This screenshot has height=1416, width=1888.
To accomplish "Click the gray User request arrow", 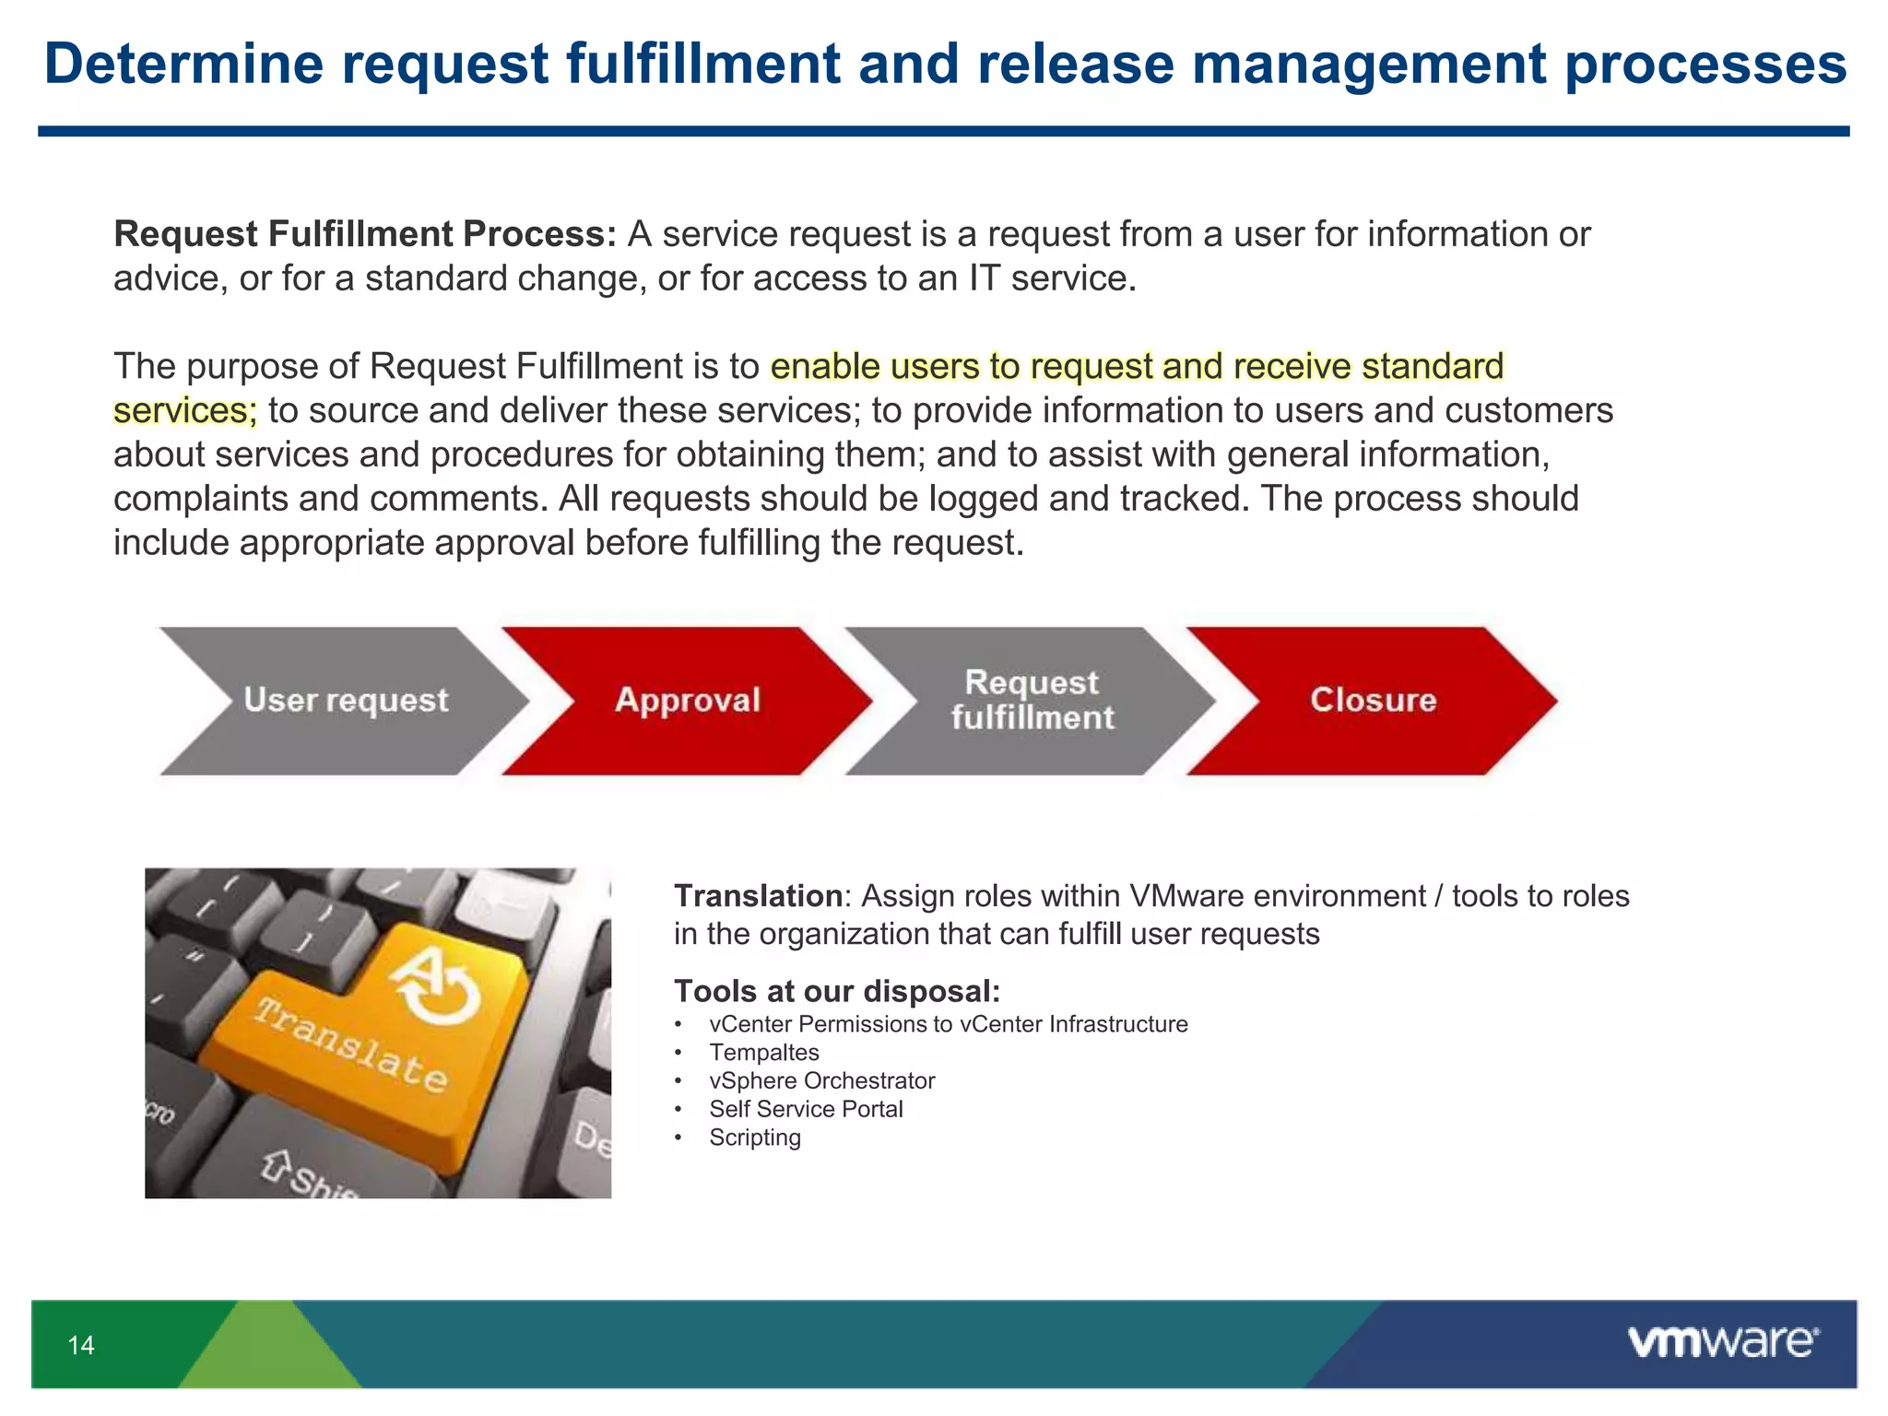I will [x=345, y=701].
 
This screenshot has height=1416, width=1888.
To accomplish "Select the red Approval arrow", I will [x=687, y=701].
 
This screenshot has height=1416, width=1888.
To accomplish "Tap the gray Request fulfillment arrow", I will [x=1032, y=701].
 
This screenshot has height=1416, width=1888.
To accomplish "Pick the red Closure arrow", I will [x=1373, y=701].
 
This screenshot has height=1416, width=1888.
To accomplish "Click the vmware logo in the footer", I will [x=1722, y=1342].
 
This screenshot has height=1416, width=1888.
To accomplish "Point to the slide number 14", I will [x=81, y=1346].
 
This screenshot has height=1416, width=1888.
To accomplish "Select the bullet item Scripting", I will [x=754, y=1138].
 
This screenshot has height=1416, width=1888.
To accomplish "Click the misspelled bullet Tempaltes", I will [x=763, y=1053].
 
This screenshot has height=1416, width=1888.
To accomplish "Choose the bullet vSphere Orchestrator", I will [x=821, y=1080].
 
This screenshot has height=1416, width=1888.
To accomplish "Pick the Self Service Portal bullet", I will [x=806, y=1109].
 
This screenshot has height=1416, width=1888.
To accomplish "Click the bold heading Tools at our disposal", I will [x=836, y=992].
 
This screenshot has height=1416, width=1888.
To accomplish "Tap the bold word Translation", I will [x=758, y=896].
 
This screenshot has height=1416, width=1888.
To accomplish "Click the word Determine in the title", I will [x=183, y=65].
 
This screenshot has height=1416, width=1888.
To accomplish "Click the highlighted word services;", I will [x=185, y=411].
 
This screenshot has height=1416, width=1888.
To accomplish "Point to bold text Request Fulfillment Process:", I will [x=365, y=234].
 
